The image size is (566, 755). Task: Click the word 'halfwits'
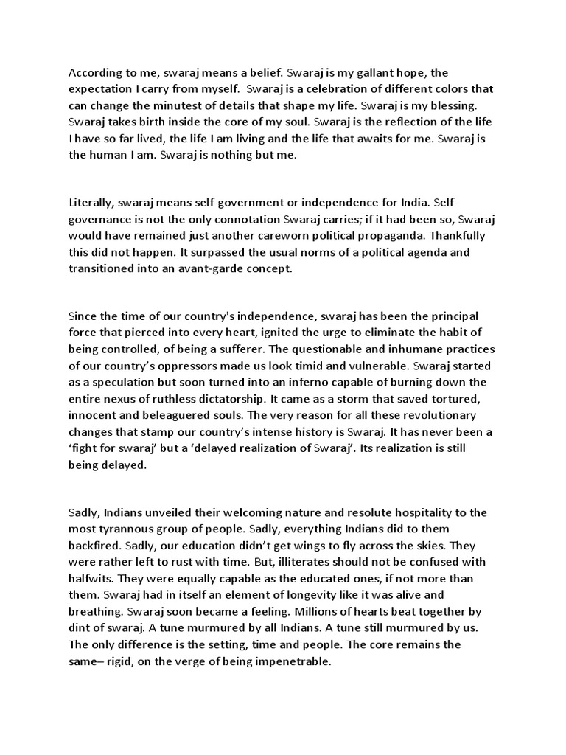92,578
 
